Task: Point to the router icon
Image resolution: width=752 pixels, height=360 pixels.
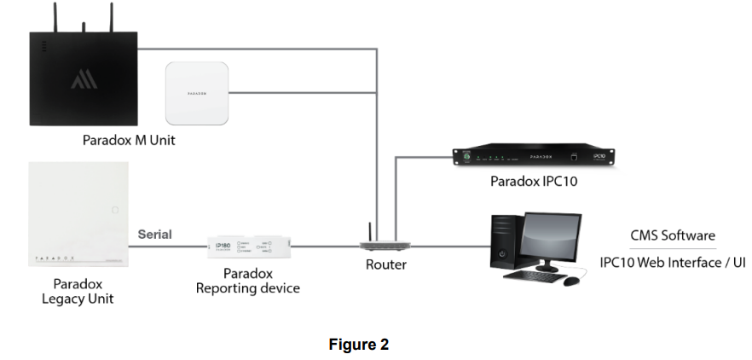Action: (379, 242)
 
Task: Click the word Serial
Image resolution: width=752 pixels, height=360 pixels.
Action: (154, 235)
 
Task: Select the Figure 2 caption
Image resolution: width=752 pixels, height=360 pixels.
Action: (359, 345)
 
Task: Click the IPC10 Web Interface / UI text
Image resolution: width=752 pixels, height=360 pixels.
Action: (672, 262)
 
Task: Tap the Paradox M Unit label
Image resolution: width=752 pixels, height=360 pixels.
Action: (129, 140)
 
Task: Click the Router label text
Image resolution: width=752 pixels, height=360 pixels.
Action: (386, 264)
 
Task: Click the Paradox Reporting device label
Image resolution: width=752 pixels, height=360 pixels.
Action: (247, 281)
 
